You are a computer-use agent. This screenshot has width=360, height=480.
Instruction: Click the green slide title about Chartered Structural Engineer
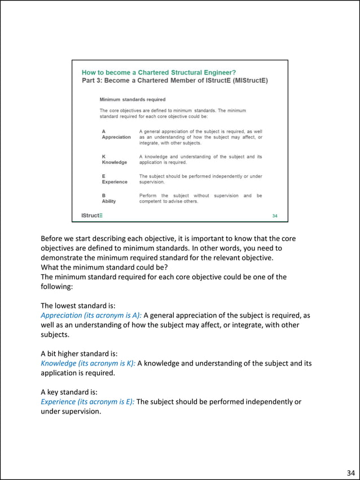[x=159, y=72]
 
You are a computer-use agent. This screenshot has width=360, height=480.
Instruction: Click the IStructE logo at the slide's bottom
[x=91, y=215]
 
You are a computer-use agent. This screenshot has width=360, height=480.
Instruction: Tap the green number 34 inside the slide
[x=275, y=215]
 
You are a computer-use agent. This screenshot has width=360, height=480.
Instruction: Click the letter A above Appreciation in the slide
[x=104, y=131]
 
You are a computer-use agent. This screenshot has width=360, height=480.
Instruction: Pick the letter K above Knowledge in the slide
[x=104, y=156]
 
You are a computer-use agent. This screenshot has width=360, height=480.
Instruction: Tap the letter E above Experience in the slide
[x=104, y=176]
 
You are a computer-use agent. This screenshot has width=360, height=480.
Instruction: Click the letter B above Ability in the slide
[x=104, y=195]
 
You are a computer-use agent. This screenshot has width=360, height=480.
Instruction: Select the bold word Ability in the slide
[x=109, y=201]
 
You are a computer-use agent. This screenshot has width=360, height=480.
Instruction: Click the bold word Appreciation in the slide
[x=116, y=137]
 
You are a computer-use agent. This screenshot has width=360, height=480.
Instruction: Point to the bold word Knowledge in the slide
[x=115, y=162]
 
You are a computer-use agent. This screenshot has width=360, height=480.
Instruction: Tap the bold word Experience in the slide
[x=115, y=182]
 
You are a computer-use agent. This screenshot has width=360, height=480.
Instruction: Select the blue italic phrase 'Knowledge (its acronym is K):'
[x=88, y=363]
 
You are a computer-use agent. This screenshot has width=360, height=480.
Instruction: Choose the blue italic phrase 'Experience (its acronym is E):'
[x=87, y=402]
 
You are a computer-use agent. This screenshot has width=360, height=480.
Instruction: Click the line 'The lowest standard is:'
[x=78, y=306]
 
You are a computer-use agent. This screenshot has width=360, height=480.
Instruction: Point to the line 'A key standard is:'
[x=71, y=392]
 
